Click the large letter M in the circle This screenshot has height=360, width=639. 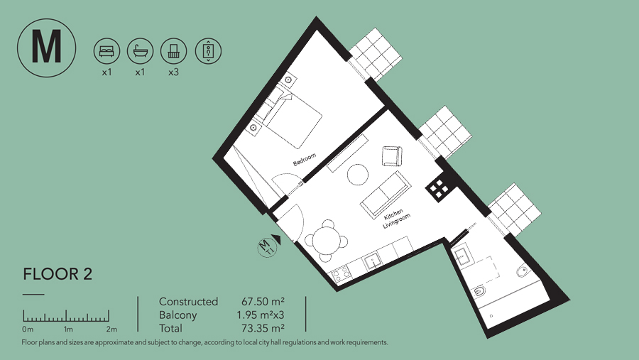point(46,47)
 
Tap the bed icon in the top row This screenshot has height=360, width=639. point(106,51)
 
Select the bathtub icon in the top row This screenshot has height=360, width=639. point(140,51)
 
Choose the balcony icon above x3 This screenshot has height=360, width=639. point(174,51)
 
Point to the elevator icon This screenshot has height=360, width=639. point(208,51)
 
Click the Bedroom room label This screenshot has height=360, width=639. point(305,160)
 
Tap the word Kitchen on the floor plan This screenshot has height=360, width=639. point(393,214)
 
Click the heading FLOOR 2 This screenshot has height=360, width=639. point(58,274)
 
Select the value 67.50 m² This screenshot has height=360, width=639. point(263,302)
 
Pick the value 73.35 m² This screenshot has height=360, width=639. point(263,328)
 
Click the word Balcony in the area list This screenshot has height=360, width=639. point(177,315)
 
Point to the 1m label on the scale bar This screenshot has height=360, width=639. point(68,329)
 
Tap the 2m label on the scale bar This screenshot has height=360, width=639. point(111,329)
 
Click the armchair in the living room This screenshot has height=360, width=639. point(392,156)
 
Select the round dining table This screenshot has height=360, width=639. point(324,240)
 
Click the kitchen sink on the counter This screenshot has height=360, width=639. point(373,261)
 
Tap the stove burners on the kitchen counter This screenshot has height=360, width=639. point(341,274)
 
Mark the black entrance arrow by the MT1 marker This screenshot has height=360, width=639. point(277,239)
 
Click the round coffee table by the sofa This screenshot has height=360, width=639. point(358,175)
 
